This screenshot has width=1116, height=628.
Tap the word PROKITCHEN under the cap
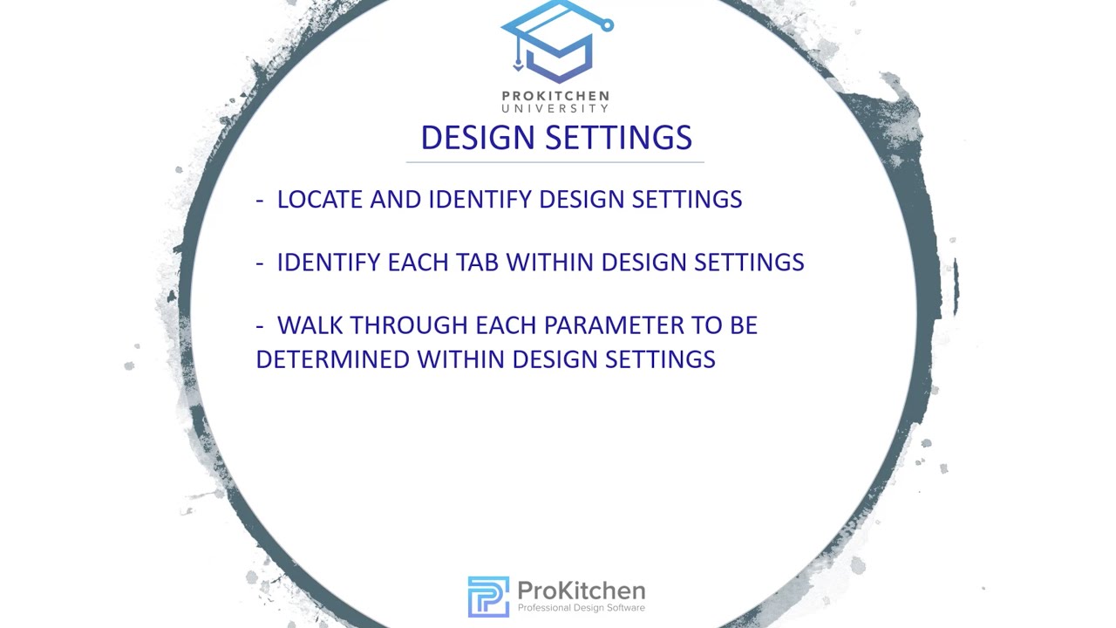(x=555, y=96)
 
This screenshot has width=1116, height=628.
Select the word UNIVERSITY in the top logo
(x=555, y=108)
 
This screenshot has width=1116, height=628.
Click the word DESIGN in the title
(x=471, y=138)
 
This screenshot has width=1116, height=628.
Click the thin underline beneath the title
(x=555, y=162)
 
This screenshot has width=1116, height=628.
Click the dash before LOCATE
(x=260, y=200)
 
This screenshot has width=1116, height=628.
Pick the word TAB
(x=478, y=263)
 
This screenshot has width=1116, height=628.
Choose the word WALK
(x=310, y=325)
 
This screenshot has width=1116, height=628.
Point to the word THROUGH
(x=409, y=325)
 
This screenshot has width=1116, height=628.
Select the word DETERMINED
(x=333, y=359)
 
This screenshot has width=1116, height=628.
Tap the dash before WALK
(x=260, y=326)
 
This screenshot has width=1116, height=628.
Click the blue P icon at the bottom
(x=488, y=597)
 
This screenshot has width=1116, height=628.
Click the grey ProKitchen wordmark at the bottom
(x=581, y=590)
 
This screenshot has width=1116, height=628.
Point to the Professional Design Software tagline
(x=581, y=608)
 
